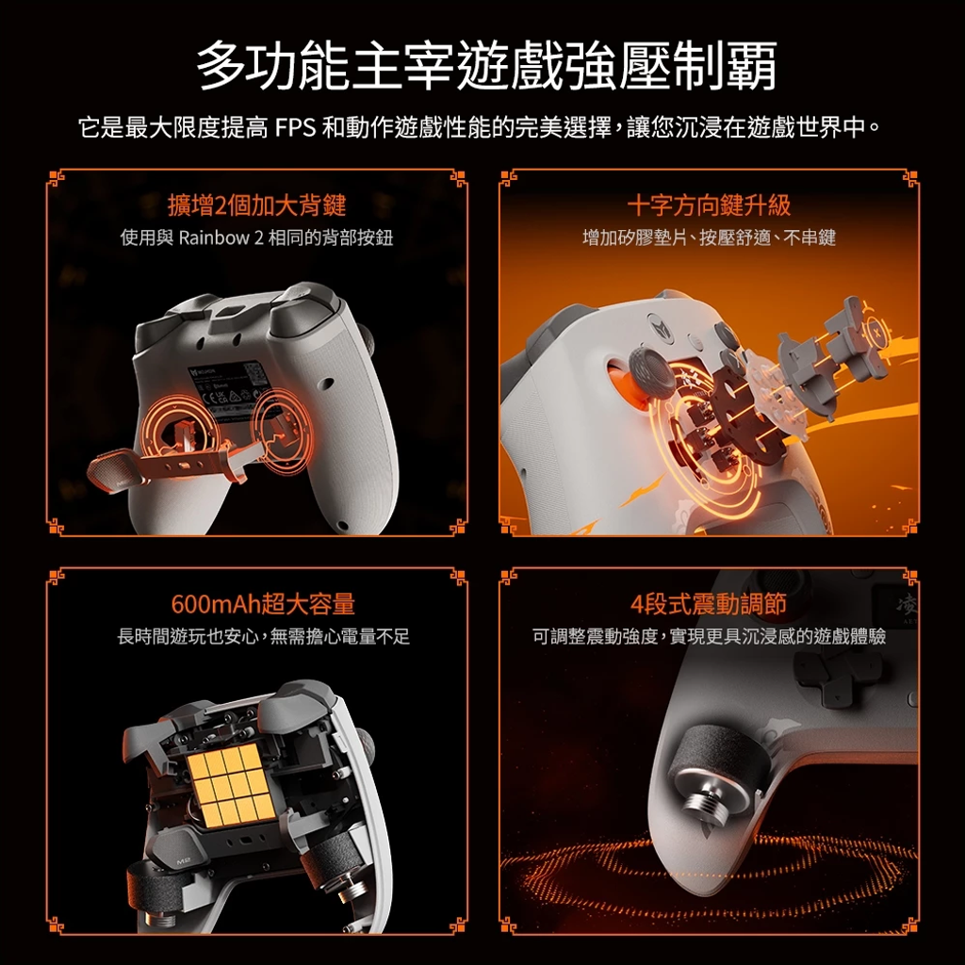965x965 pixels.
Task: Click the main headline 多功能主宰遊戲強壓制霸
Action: coord(486,66)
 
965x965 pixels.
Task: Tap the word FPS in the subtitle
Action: coord(295,127)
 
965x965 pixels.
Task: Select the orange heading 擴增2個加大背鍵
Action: coord(256,204)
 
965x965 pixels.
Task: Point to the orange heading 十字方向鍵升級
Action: coord(709,204)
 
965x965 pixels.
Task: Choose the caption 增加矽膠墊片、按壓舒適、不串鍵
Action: coord(709,237)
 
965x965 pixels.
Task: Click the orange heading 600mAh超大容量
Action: coord(263,604)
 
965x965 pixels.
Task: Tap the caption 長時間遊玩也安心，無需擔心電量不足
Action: coord(264,636)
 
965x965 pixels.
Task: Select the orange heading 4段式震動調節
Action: coord(709,604)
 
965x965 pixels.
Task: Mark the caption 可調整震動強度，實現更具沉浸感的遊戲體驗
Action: coord(709,636)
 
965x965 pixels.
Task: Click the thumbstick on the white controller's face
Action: coord(649,372)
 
